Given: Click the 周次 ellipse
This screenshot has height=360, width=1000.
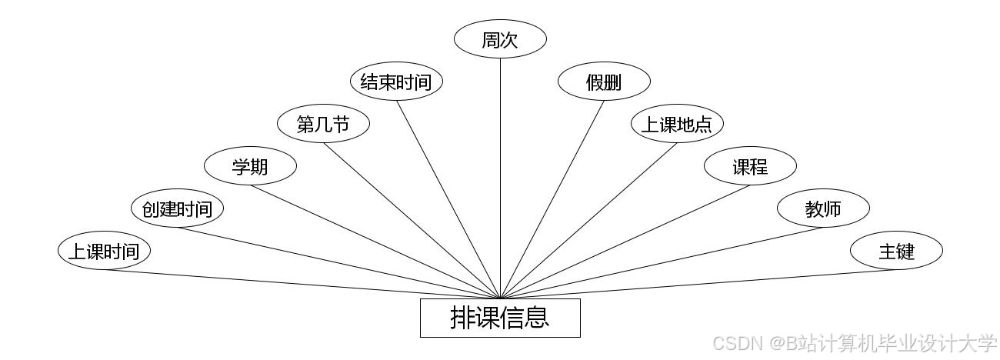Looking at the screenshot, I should tap(500, 40).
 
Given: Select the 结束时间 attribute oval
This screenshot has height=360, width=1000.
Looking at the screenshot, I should tap(396, 82).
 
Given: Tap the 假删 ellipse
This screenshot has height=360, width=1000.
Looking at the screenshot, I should tap(604, 82).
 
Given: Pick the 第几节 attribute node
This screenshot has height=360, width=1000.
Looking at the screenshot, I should tap(323, 124).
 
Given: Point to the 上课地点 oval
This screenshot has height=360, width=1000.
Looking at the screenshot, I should tap(677, 124).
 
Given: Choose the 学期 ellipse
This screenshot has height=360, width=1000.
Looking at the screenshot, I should tap(250, 166).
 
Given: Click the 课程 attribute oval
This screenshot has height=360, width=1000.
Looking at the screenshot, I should tap(750, 166).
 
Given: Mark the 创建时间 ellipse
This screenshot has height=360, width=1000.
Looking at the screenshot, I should tap(177, 208).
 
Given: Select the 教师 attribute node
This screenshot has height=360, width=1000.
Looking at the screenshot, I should tap(823, 208).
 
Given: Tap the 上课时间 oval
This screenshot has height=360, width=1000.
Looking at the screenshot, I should tap(104, 251).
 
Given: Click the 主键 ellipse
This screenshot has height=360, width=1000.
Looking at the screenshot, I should tap(896, 251).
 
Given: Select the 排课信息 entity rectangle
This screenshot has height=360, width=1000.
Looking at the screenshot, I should tap(500, 318).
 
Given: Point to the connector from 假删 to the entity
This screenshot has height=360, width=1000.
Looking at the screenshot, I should tap(552, 199).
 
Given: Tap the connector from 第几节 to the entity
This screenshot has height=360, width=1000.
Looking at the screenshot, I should tap(412, 221).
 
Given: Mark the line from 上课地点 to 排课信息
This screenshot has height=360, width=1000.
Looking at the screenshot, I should tap(588, 221).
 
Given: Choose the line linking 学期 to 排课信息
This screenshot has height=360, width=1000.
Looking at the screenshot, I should tap(375, 242).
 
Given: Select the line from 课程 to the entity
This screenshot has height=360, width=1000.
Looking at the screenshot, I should tap(625, 242).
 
